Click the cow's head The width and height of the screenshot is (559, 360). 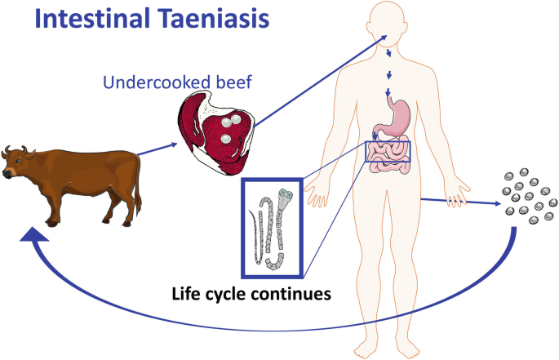pyautogui.click(x=15, y=164)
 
